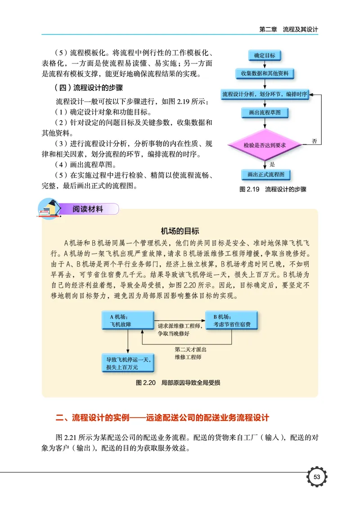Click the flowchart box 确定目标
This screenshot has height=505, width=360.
(265, 56)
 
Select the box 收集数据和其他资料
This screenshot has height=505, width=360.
(265, 73)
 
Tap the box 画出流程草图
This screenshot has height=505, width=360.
(265, 113)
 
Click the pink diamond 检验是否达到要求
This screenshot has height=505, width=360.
(265, 145)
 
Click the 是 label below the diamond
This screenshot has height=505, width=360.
(272, 164)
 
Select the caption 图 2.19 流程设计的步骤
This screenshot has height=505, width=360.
(273, 189)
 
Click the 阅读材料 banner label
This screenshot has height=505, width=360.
(88, 209)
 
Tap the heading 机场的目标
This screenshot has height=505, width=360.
(180, 231)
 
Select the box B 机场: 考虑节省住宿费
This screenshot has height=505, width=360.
(232, 320)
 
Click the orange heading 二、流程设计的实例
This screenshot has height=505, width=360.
(162, 418)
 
